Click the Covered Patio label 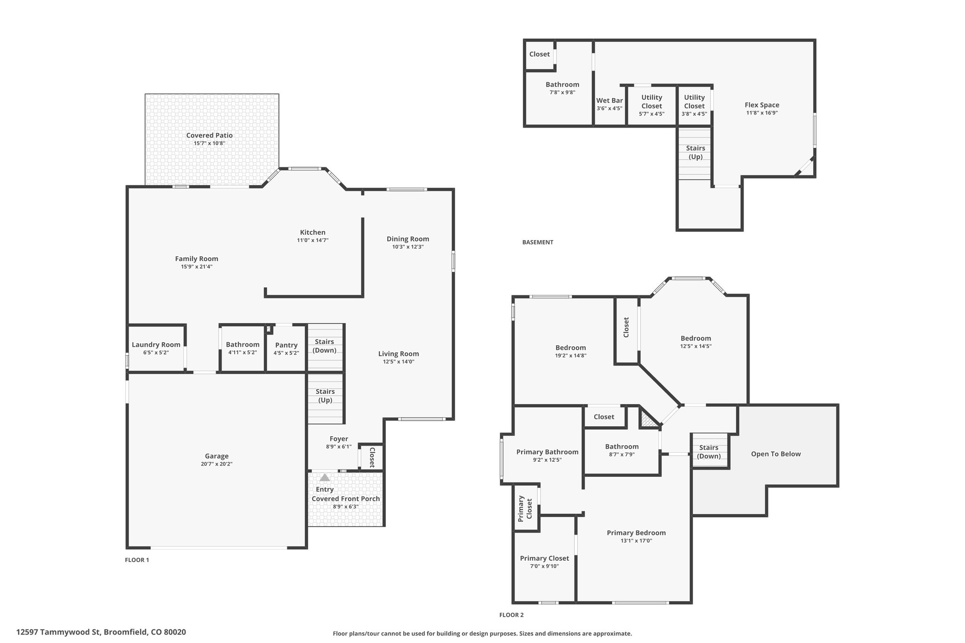pyautogui.click(x=209, y=135)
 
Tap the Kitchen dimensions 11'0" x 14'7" pyautogui.click(x=312, y=240)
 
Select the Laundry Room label pyautogui.click(x=156, y=344)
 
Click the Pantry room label pyautogui.click(x=286, y=345)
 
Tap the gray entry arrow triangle pyautogui.click(x=325, y=477)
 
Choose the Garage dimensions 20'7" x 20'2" pyautogui.click(x=217, y=464)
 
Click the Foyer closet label pyautogui.click(x=372, y=457)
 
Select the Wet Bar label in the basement pyautogui.click(x=609, y=100)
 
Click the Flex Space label pyautogui.click(x=762, y=105)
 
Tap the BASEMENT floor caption pyautogui.click(x=538, y=242)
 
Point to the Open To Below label pyautogui.click(x=776, y=454)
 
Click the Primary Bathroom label pyautogui.click(x=547, y=452)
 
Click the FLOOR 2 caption pyautogui.click(x=511, y=615)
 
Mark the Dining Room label pyautogui.click(x=408, y=239)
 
